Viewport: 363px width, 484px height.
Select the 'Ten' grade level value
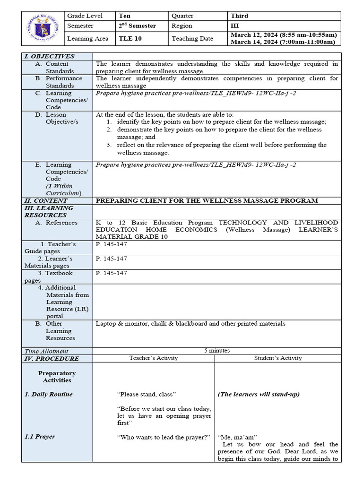coord(125,16)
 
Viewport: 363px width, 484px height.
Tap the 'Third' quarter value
coord(239,16)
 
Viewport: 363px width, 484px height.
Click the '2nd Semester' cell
coord(137,26)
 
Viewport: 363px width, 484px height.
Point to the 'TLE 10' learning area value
coord(129,39)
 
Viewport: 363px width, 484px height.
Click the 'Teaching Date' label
coord(192,39)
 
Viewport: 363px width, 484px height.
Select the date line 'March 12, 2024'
coord(283,35)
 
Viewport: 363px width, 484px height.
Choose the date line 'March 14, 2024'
coord(283,42)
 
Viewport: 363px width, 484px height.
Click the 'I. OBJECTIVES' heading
coord(50,56)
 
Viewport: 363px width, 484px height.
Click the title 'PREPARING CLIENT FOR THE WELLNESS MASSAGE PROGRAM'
coord(207,201)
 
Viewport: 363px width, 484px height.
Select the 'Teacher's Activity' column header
coord(154,358)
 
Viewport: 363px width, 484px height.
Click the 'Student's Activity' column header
coord(278,358)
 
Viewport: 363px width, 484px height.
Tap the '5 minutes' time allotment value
coord(217,351)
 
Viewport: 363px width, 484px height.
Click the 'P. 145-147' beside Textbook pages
coord(111,273)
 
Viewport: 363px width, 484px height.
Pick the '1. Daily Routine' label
coord(49,394)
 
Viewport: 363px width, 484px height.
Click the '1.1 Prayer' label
coord(40,437)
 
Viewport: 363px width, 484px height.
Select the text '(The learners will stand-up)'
coord(259,394)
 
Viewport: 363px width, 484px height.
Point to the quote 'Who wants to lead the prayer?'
coord(164,437)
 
